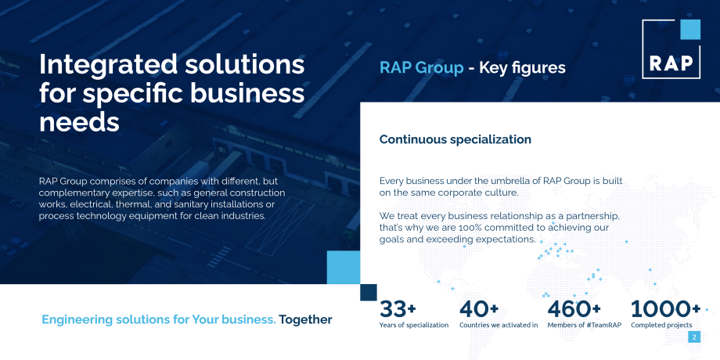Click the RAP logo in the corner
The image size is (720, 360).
[x=671, y=50]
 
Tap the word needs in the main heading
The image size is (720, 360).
[x=79, y=121]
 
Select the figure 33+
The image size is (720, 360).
[x=398, y=309]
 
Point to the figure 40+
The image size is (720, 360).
[x=479, y=309]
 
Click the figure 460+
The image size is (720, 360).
[x=574, y=309]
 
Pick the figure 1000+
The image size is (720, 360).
[x=665, y=309]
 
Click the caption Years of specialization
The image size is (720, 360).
[x=414, y=325]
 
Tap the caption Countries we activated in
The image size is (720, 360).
[x=499, y=325]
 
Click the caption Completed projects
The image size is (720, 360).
[x=661, y=325]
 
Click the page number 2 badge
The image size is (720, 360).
[x=694, y=337]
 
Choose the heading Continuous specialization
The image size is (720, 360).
[x=455, y=139]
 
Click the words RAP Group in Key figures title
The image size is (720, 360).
[x=421, y=68]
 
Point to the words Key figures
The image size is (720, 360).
[x=522, y=68]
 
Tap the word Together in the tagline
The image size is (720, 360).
[x=305, y=319]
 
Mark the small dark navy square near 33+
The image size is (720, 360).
[x=369, y=292]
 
